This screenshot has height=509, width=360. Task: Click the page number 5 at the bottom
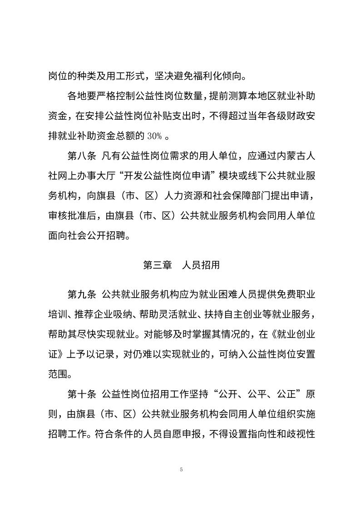(x=181, y=469)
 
